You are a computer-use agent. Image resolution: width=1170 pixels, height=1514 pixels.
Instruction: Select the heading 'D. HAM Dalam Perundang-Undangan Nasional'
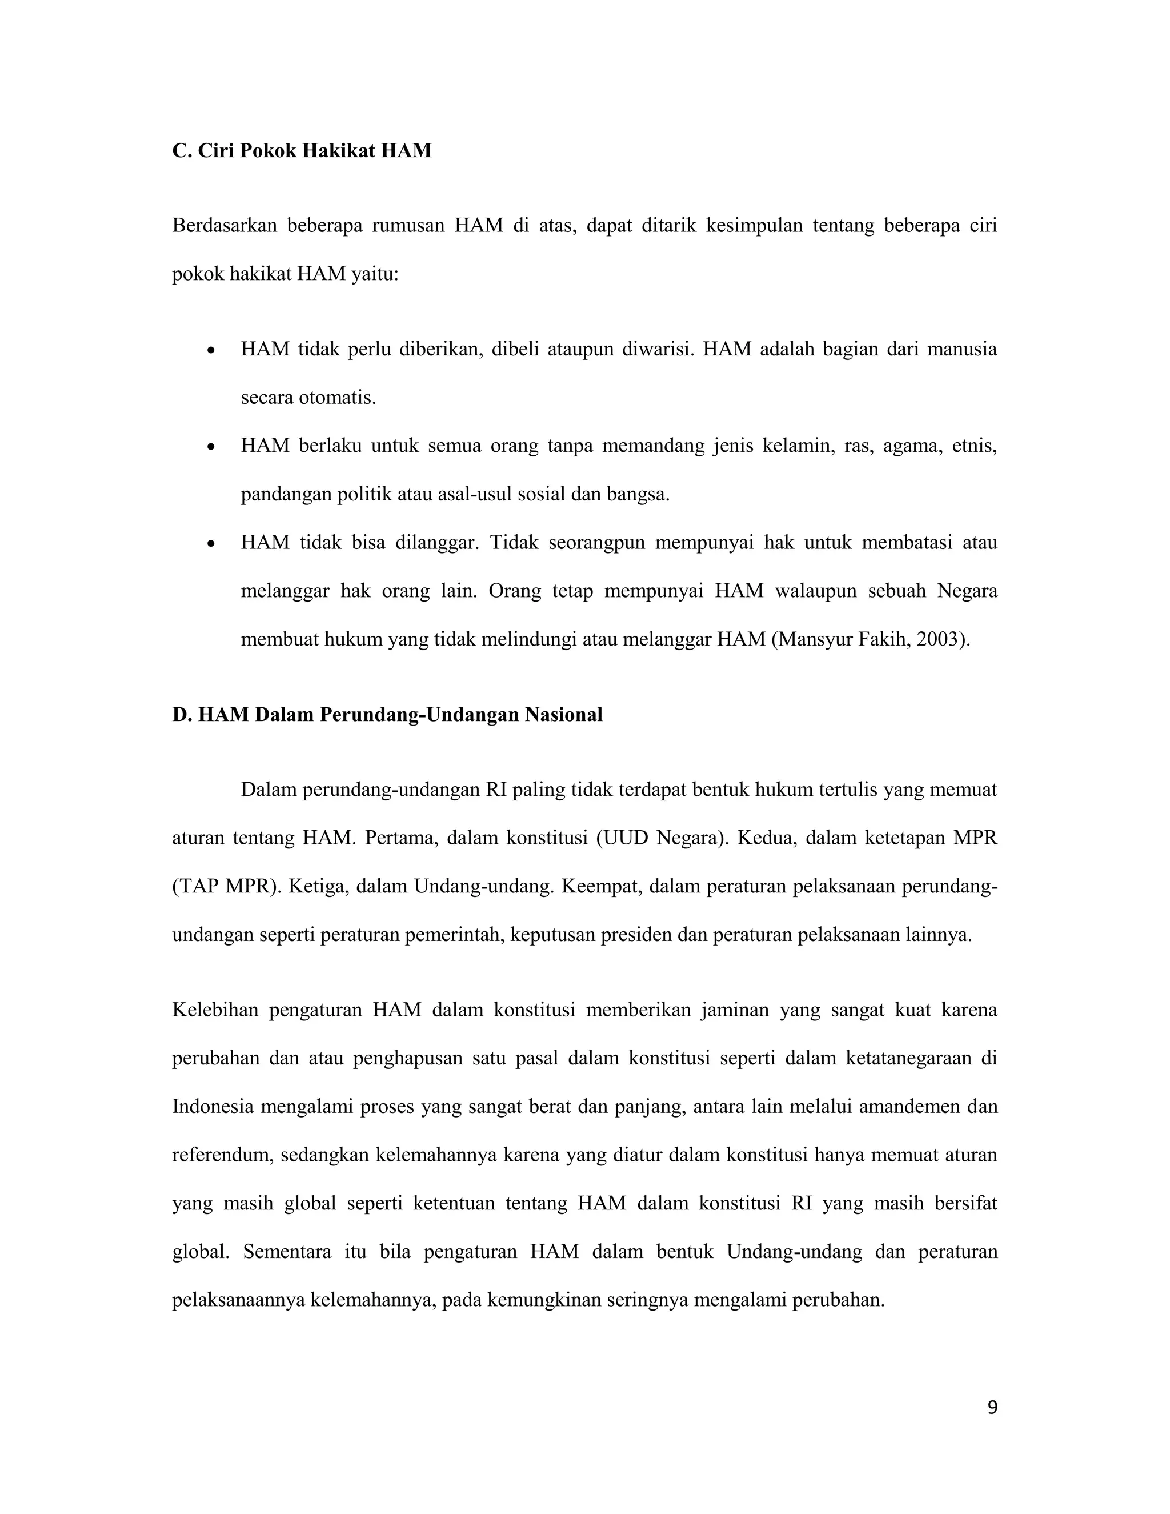click(387, 714)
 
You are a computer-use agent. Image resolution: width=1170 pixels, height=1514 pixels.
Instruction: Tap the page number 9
click(992, 1407)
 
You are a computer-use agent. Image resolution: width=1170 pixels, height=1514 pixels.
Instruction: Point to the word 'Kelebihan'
click(215, 1010)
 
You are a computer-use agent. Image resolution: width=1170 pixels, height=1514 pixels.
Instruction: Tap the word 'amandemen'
click(901, 1107)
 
